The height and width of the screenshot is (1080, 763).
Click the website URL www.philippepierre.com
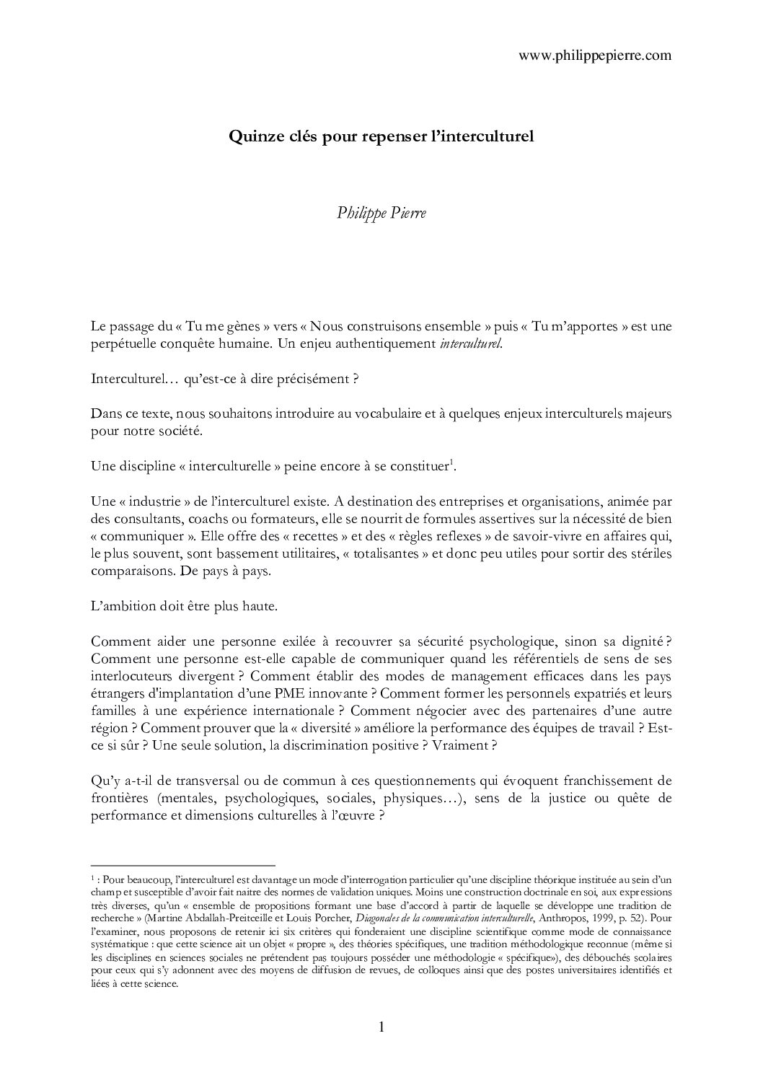tap(595, 55)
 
